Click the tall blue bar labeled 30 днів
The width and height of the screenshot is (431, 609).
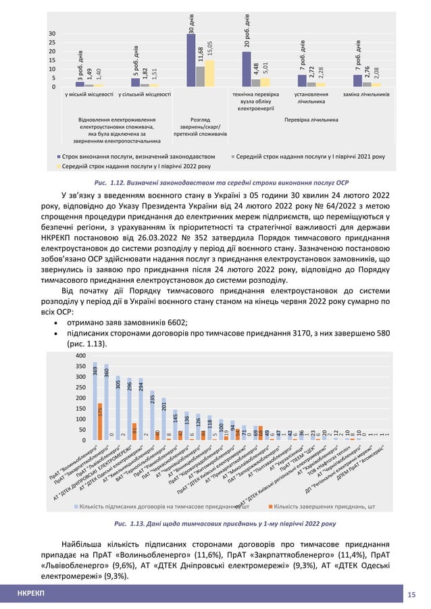(191, 60)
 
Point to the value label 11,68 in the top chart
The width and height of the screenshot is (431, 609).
(201, 55)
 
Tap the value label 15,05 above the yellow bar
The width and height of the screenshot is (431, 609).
(210, 49)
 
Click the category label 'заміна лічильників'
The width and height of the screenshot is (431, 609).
(365, 95)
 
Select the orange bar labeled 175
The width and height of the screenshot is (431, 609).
(100, 421)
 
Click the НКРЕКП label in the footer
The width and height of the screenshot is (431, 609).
(31, 593)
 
